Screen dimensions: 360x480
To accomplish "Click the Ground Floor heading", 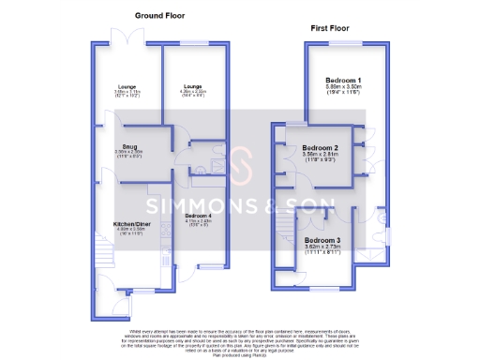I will click(x=158, y=16).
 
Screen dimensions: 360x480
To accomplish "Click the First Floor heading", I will click(x=330, y=29).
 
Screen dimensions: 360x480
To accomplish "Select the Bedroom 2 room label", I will click(x=320, y=148).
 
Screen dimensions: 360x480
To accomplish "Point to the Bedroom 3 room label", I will click(x=322, y=240).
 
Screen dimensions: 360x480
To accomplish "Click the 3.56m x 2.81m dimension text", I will click(x=320, y=155).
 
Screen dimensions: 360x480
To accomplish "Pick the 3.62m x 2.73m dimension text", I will click(x=322, y=247).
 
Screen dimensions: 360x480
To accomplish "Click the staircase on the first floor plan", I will click(x=283, y=234).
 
